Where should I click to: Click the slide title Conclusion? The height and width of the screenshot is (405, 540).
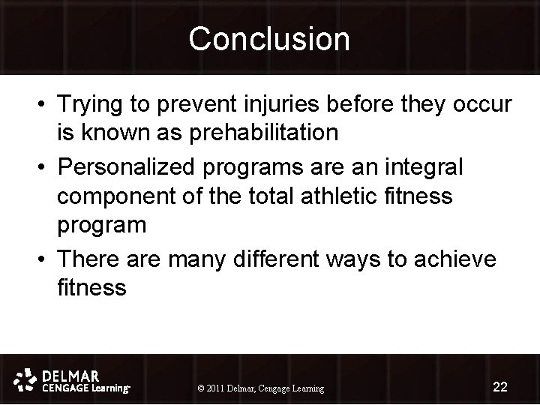[269, 39]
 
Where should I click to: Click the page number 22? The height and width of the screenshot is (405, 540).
[500, 387]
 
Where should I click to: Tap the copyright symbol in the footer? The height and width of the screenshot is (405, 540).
[200, 388]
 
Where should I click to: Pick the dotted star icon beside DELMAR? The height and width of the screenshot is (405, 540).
[26, 379]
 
